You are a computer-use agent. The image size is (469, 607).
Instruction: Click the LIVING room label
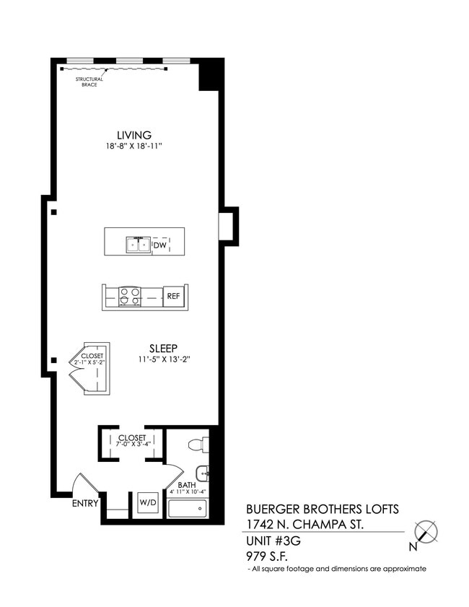pyautogui.click(x=134, y=135)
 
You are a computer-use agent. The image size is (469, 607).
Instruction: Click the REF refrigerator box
pyautogui.click(x=173, y=296)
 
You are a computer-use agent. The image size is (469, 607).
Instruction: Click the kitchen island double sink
pyautogui.click(x=138, y=245)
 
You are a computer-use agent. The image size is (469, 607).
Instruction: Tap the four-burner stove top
pyautogui.click(x=130, y=296)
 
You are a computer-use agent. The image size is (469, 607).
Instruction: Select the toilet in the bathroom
pyautogui.click(x=198, y=444)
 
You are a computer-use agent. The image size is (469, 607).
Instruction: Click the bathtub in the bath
pyautogui.click(x=188, y=508)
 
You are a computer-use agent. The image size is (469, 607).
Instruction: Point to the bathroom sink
pyautogui.click(x=204, y=474)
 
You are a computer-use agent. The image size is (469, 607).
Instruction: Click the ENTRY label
pyautogui.click(x=85, y=504)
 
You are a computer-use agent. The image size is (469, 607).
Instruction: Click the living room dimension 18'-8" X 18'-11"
pyautogui.click(x=133, y=147)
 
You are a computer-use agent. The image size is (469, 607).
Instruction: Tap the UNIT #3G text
pyautogui.click(x=273, y=541)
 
